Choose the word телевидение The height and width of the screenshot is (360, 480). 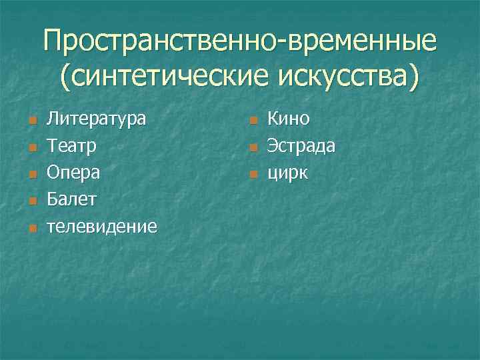click(x=101, y=227)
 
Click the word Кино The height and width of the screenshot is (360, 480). click(x=289, y=119)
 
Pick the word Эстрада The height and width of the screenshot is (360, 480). click(x=301, y=146)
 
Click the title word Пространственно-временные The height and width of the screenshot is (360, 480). click(x=240, y=43)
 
